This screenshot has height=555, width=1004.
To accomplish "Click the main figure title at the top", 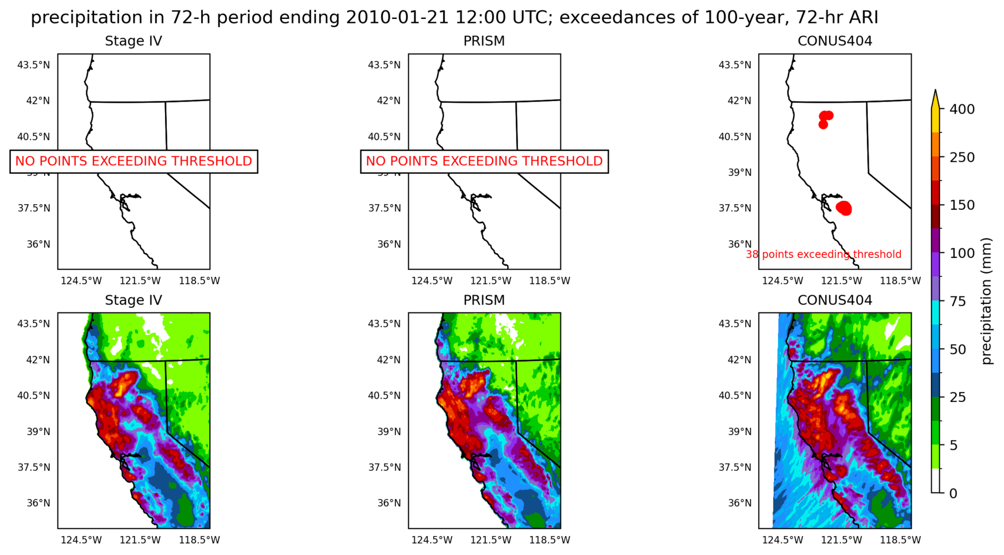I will pos(454,18).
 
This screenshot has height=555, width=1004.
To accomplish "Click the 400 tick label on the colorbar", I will pos(962,109).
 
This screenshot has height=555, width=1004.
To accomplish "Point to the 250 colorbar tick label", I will pos(962,157).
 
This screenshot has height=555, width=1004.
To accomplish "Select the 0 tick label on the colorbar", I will pos(953,493).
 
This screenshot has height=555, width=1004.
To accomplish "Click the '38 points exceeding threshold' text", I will pos(823,255).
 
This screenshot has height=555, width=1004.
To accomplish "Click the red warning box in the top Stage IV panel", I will pos(134,161).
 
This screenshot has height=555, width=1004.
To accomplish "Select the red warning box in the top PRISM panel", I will pos(484,161).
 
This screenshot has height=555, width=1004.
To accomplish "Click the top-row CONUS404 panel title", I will pos(834,41).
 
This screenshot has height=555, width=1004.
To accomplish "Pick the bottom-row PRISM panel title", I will pos(484,300).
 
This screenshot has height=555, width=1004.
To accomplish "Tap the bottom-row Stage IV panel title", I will pos(134,300).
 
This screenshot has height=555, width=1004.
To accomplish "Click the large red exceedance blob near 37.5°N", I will pos(844,208).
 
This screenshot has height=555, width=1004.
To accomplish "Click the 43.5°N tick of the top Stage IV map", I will pos(34,65).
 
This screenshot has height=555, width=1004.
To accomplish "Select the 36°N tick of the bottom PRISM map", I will pos(389,503).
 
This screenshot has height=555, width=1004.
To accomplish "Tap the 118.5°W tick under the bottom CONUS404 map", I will pos(900,540).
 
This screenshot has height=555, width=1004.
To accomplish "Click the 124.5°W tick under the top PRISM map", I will pos(432,281).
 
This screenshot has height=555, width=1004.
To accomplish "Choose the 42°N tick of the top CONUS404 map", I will pos(739,101).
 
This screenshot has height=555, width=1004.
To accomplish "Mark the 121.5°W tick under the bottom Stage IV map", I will pos(140,540).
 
